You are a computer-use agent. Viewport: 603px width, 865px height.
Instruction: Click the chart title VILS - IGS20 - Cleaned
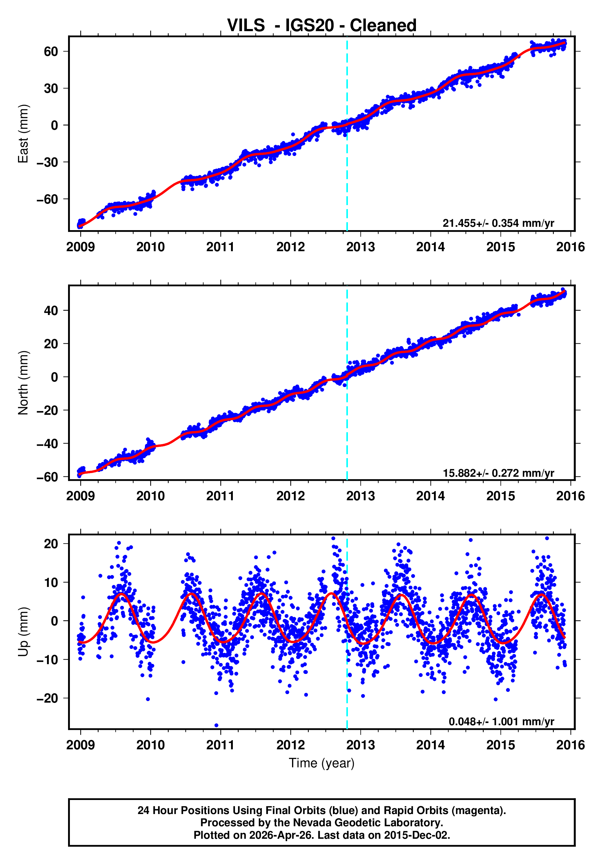(x=321, y=25)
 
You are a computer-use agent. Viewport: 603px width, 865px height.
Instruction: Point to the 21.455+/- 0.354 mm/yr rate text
(x=498, y=223)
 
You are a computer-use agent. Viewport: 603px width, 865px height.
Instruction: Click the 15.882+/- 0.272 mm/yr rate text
(x=498, y=473)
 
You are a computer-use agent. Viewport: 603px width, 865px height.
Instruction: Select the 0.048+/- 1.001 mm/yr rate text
(x=501, y=722)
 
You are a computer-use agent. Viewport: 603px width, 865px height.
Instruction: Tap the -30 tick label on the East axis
(x=48, y=162)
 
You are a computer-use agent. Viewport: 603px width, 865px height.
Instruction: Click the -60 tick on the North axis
(x=48, y=477)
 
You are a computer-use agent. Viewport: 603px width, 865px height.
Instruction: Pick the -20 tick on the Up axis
(x=48, y=698)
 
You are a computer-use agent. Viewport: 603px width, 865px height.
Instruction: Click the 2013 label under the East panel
(x=360, y=247)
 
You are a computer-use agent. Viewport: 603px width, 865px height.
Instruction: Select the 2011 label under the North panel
(x=220, y=496)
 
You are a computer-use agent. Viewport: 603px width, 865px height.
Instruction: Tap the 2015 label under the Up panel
(x=500, y=745)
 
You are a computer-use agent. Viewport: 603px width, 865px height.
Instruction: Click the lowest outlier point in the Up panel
(x=216, y=725)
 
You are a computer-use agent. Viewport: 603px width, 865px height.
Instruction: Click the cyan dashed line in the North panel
(x=347, y=414)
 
